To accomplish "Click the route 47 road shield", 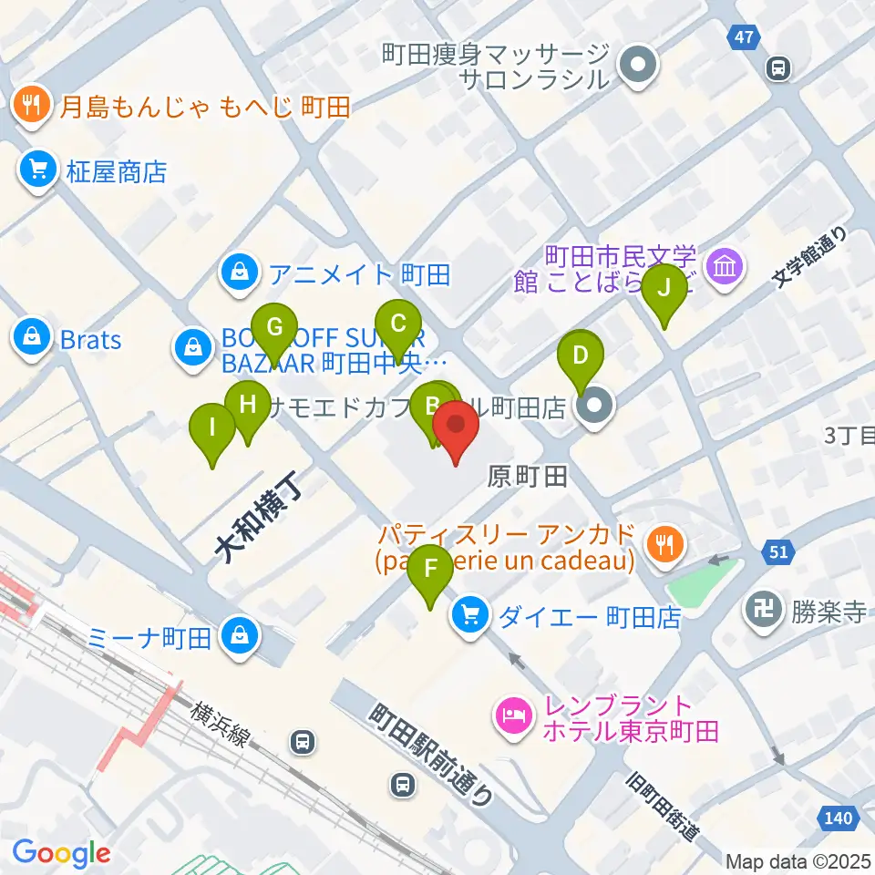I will [x=745, y=37].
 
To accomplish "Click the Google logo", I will [x=61, y=852].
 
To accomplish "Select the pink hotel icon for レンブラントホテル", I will [x=510, y=716].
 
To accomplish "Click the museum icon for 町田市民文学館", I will [x=728, y=267].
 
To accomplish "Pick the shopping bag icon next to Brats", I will [x=33, y=339].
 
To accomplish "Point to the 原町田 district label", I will [x=528, y=475].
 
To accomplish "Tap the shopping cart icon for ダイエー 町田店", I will [x=470, y=616].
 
